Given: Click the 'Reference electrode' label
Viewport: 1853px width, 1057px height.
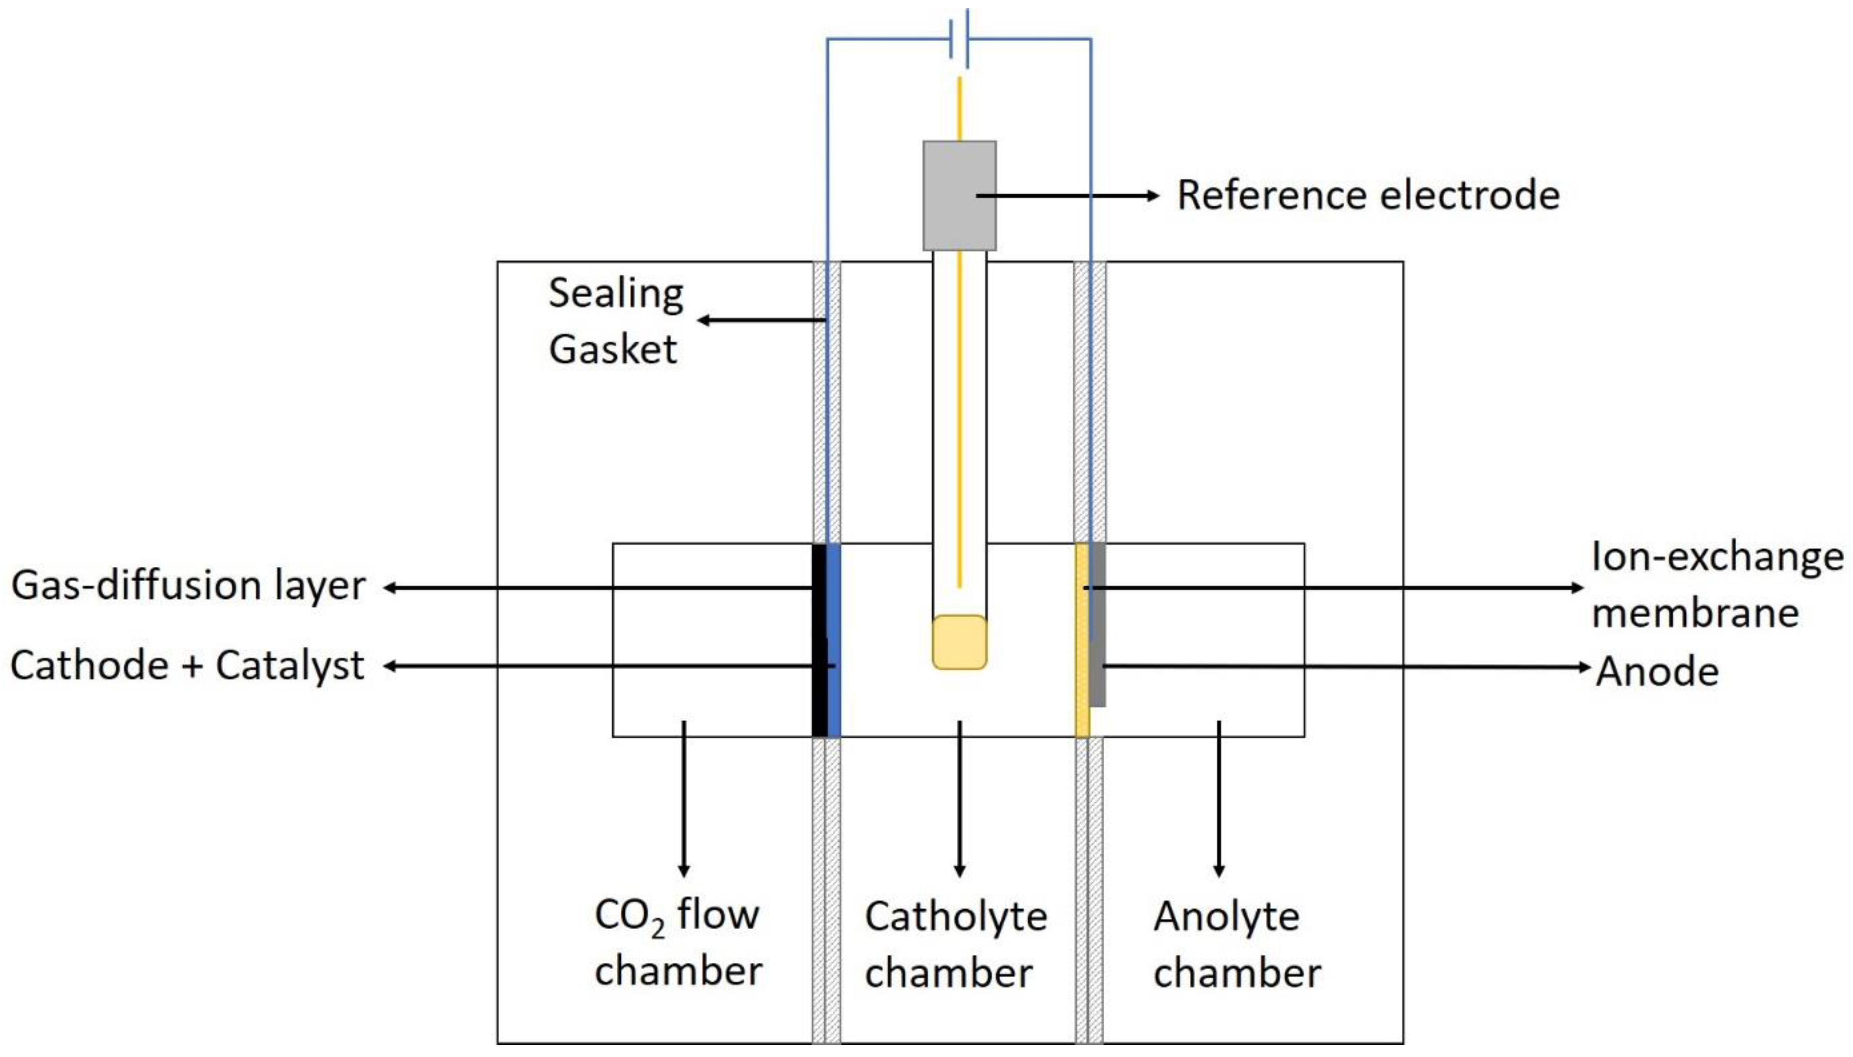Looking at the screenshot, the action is (1368, 195).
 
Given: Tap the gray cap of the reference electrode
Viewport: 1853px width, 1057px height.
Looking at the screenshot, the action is (959, 195).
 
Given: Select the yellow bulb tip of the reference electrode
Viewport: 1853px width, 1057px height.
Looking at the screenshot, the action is (959, 642).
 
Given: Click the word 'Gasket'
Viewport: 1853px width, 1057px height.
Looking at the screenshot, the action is (613, 349).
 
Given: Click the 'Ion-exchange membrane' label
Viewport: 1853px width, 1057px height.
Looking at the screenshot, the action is (1717, 584).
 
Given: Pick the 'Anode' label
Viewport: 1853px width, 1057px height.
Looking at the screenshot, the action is (1657, 671).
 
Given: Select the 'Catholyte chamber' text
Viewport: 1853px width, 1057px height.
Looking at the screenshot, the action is (955, 944).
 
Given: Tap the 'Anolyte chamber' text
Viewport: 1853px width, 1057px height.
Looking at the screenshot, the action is (1237, 944).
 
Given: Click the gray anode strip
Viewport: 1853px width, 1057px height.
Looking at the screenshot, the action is (1097, 624).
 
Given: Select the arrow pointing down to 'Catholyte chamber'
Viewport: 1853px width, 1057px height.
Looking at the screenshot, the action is (959, 799).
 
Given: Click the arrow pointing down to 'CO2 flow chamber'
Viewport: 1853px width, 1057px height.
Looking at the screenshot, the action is (683, 799).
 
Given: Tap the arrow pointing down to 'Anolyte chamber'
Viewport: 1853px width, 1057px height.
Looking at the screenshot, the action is (1219, 799).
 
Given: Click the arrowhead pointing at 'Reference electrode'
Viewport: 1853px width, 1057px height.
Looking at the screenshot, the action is (1153, 195).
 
